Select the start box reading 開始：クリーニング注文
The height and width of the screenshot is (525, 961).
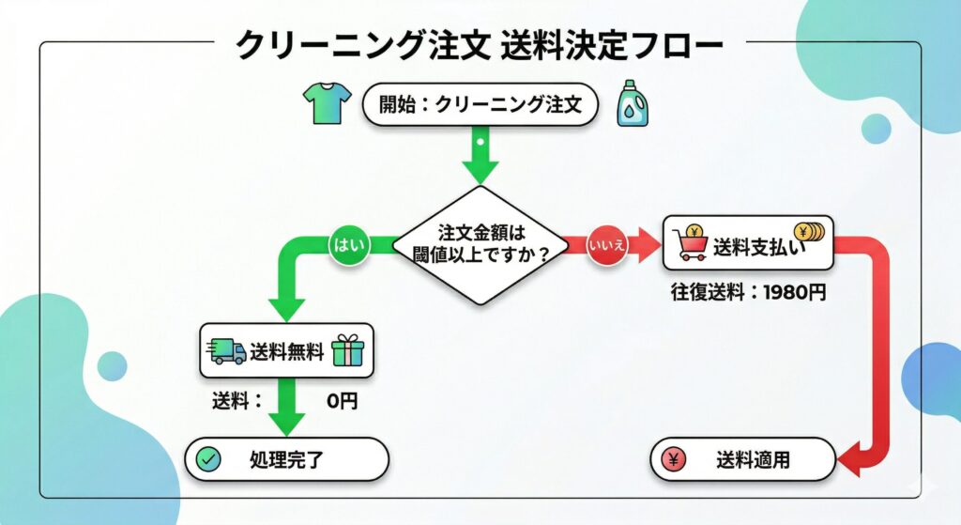point(480,105)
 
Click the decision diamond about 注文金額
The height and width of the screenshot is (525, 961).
point(480,244)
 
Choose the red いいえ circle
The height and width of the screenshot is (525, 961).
point(607,246)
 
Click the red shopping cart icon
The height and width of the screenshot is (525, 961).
point(692,246)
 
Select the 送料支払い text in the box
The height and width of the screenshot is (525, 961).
point(754,248)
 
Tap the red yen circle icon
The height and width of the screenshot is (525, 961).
point(674,460)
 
